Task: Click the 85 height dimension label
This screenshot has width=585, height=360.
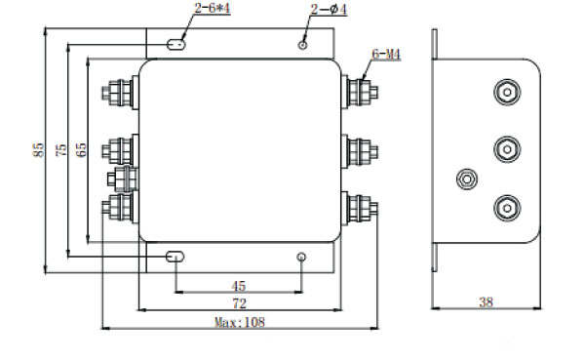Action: pos(38,150)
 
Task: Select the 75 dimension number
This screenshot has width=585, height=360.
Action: pos(61,150)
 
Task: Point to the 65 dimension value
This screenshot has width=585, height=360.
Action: pos(81,150)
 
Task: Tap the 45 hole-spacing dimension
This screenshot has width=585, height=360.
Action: pos(239,287)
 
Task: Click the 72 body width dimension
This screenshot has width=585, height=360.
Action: pos(240,303)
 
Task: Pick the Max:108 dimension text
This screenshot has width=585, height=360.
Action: pos(240,322)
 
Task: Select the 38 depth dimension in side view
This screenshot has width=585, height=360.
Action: pos(487,302)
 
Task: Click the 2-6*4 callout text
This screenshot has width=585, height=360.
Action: pos(213,8)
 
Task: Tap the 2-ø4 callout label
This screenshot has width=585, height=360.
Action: pos(329,10)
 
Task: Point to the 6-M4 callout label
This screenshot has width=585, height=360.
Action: pos(386,55)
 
